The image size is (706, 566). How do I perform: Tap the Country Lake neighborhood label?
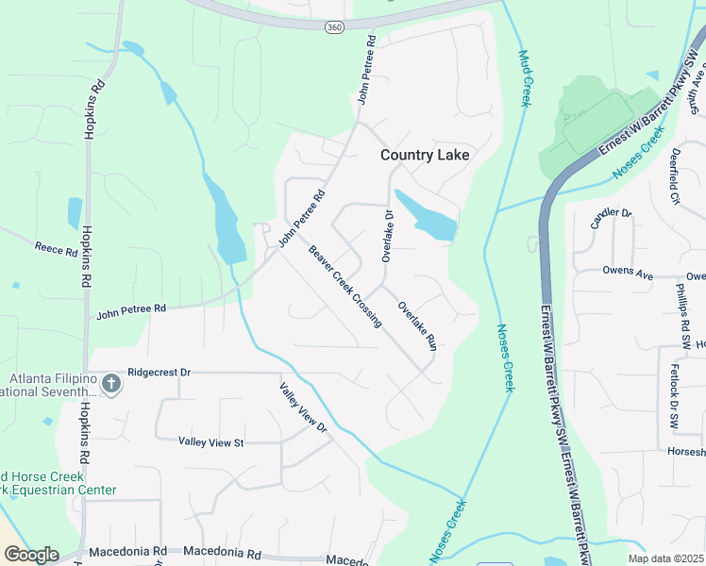coord(424,155)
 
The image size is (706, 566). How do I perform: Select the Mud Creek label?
coord(525,79)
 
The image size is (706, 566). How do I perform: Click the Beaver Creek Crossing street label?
coord(345,286)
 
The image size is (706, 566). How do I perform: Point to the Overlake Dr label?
coord(387,236)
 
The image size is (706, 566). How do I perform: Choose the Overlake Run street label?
coord(417,325)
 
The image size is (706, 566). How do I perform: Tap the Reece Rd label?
coord(56,250)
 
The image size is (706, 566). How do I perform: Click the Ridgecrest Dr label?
coord(159,373)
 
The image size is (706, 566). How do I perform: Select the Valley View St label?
coord(211,441)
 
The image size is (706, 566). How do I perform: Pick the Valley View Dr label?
coord(302,408)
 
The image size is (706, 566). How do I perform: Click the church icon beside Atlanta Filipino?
coord(111,384)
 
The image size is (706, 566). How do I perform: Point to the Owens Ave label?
coord(628,273)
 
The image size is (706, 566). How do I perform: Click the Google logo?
coord(31,555)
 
